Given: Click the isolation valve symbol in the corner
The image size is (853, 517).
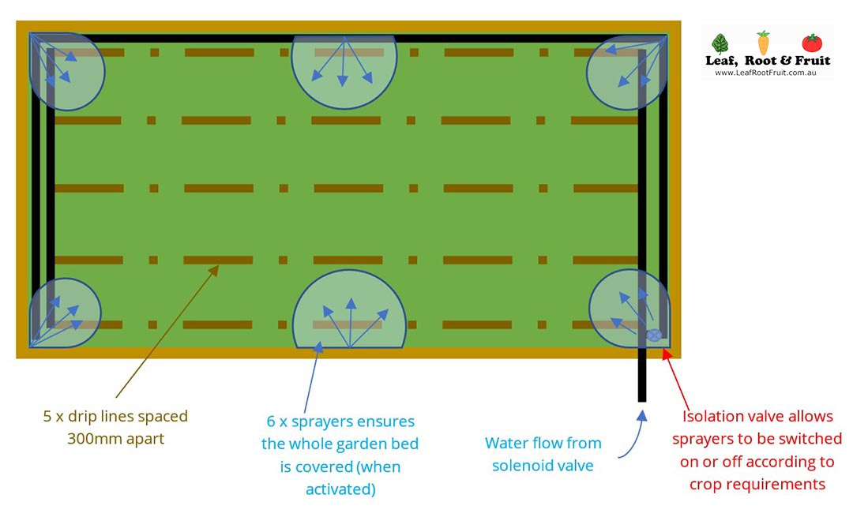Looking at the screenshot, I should [x=654, y=335].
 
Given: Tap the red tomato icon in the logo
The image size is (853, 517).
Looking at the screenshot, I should [x=811, y=43].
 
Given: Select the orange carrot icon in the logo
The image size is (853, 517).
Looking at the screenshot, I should [x=763, y=43].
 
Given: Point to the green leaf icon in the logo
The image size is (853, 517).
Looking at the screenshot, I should [x=720, y=43].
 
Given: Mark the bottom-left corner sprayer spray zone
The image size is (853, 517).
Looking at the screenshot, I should [x=66, y=313].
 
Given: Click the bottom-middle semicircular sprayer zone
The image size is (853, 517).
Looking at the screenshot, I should [x=349, y=313].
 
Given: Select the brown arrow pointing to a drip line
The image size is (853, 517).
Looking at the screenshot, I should [x=167, y=332].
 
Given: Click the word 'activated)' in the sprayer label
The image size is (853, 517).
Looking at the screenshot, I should [x=340, y=489].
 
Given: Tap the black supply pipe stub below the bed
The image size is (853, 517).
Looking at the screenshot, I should [x=641, y=379].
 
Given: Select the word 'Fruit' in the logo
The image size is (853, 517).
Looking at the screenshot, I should [x=814, y=60].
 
